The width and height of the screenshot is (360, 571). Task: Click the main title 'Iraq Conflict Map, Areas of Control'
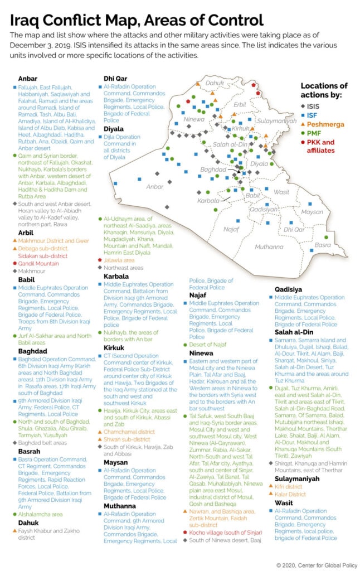pos(137,21)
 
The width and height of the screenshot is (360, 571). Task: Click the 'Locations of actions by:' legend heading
pos(324,90)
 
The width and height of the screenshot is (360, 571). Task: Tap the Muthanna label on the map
pos(269,246)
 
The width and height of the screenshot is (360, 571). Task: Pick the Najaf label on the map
pos(231,229)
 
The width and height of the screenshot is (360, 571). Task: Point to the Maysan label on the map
pos(312,212)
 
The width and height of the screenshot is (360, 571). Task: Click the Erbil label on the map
pos(240,104)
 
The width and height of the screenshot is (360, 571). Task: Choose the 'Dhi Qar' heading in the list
pos(115,79)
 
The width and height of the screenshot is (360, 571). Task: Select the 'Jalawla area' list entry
pos(119,260)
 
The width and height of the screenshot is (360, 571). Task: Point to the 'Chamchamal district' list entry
pos(129,432)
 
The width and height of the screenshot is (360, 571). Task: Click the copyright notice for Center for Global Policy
pos(317,565)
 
